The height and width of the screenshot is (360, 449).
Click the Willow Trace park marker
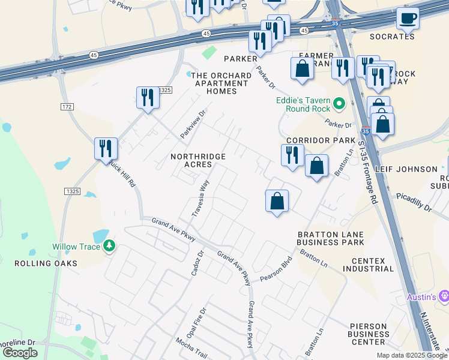point(109,246)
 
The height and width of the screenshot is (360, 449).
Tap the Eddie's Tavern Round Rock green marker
point(339,104)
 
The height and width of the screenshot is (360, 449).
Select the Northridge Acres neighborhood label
point(198,160)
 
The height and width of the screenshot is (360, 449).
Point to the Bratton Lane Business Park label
point(330,238)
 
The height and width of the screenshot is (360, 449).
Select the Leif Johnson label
point(406,169)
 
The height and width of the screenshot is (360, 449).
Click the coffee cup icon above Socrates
point(408,19)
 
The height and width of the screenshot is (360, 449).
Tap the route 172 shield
point(67,106)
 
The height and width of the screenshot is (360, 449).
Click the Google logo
point(20,353)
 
